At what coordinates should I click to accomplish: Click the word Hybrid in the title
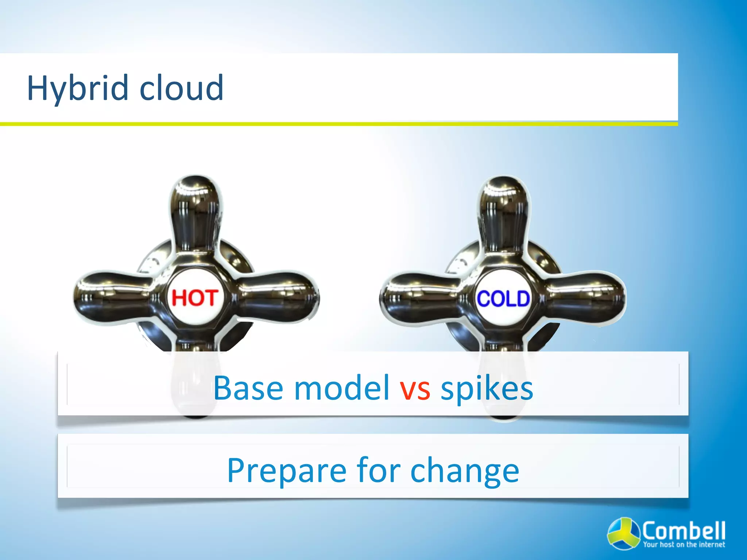[78, 88]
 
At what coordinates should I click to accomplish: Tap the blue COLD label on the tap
[503, 299]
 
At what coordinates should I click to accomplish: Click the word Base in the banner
[248, 388]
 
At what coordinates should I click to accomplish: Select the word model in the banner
[342, 388]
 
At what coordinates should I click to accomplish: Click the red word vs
[415, 389]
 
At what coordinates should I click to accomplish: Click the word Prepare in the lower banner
[286, 471]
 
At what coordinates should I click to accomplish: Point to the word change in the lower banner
[465, 471]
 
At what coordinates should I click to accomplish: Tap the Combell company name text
[684, 530]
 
